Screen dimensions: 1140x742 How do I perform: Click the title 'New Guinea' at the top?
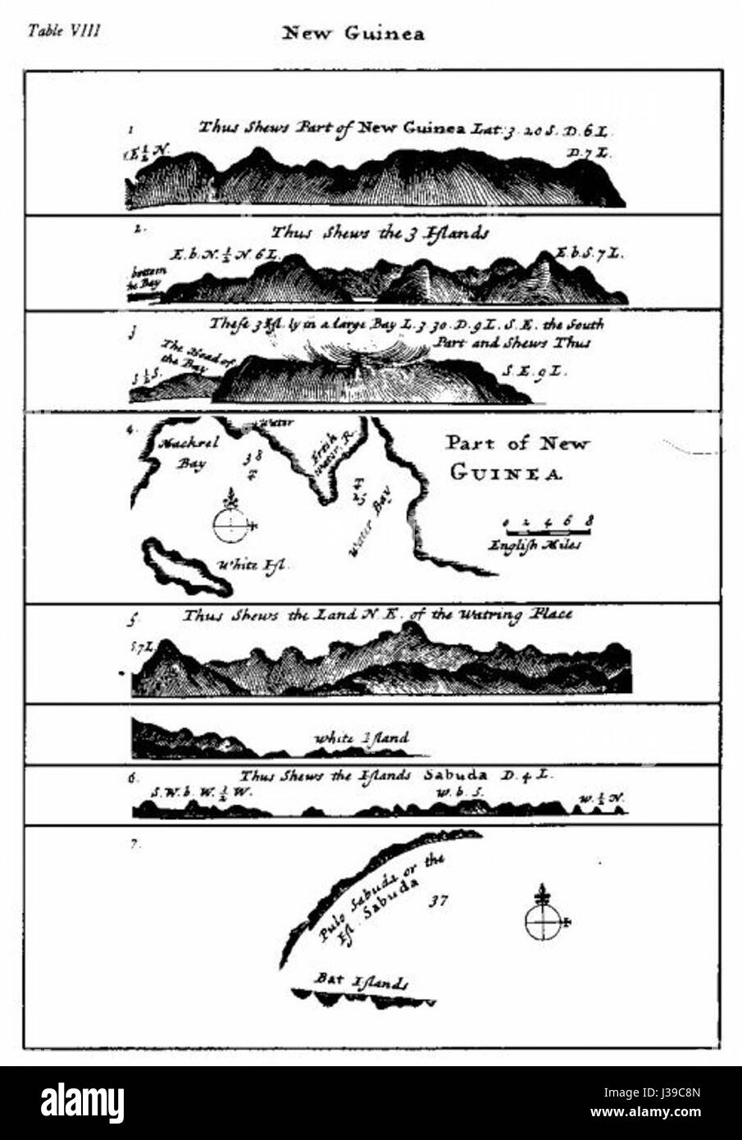pos(353,34)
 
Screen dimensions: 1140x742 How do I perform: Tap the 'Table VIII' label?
pos(63,31)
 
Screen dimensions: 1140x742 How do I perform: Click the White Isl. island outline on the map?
pos(186,568)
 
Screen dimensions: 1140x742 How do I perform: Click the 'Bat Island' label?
pos(362,981)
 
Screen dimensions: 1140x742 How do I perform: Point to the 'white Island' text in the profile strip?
pos(362,738)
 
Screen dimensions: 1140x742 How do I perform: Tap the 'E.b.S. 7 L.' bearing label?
pos(589,253)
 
